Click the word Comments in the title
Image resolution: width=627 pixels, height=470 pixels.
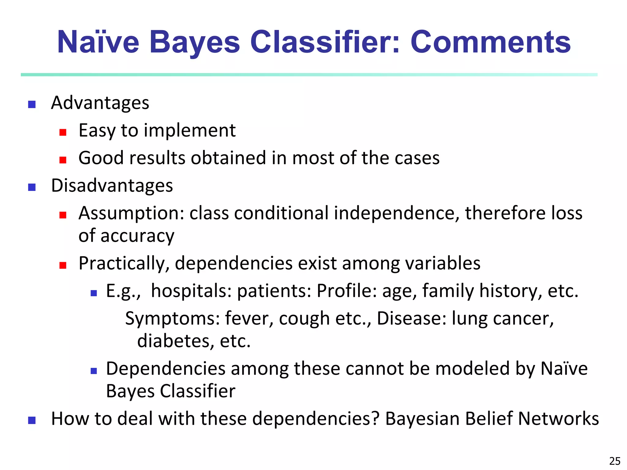tap(490, 42)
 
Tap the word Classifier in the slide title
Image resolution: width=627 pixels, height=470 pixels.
tap(325, 42)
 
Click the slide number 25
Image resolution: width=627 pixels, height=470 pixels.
tap(615, 461)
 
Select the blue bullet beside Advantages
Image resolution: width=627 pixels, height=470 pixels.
tap(32, 105)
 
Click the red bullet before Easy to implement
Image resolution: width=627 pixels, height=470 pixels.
tap(63, 132)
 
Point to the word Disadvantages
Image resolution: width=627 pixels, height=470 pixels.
tap(112, 185)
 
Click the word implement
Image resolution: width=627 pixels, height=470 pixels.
tap(190, 130)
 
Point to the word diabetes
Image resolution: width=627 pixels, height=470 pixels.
tap(175, 341)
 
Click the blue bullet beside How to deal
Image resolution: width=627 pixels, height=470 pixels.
tap(32, 420)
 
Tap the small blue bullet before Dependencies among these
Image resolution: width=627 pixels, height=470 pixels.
tap(94, 371)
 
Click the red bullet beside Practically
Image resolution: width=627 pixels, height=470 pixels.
tap(63, 265)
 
